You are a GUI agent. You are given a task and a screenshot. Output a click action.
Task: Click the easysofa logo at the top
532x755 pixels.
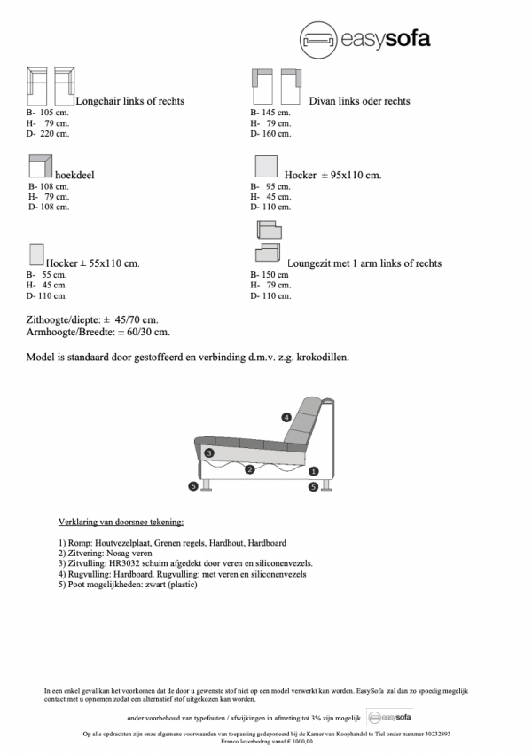pos(364,38)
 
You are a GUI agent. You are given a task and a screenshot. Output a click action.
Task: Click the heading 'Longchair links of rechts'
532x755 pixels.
pos(130,101)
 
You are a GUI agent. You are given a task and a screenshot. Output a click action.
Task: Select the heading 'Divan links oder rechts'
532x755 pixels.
pos(359,101)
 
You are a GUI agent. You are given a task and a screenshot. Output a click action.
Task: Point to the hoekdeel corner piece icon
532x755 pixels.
pos(41,166)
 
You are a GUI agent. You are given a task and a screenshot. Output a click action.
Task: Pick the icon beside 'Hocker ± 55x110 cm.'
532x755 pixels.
pos(36,256)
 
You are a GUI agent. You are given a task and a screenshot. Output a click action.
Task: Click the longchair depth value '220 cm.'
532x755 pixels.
pos(53,134)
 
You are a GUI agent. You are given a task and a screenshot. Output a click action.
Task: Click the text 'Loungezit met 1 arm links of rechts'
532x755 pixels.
pos(364,263)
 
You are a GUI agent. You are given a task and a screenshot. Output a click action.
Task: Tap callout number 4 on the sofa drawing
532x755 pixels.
pos(286,417)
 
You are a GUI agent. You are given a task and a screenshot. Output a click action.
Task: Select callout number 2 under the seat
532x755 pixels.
pos(250,469)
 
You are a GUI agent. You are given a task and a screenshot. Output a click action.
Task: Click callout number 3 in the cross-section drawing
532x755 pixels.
pos(209,452)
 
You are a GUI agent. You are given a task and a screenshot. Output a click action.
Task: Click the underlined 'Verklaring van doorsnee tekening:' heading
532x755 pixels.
pos(121,523)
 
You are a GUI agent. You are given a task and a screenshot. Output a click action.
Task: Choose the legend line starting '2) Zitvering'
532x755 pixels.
pos(104,553)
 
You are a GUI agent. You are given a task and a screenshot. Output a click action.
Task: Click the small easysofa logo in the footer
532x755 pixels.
pos(388,717)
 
